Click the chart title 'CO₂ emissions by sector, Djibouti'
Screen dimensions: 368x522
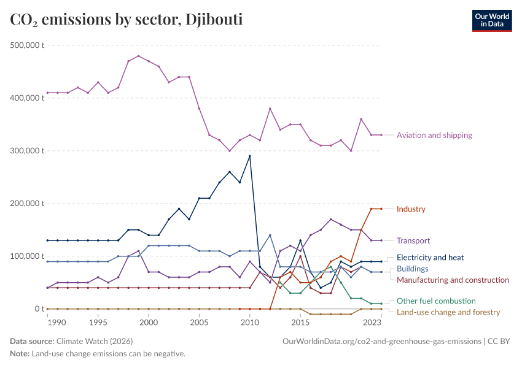[126, 20]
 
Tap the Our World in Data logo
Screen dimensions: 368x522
[491, 20]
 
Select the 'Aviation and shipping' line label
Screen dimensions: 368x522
[434, 135]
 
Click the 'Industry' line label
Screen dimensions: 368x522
[411, 209]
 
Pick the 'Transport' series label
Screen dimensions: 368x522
[413, 240]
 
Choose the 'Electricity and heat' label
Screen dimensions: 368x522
[430, 258]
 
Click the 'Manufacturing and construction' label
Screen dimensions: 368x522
[453, 280]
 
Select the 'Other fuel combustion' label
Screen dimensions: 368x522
[436, 301]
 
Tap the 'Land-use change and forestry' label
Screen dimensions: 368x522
[448, 312]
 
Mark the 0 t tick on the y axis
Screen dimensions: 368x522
[38, 309]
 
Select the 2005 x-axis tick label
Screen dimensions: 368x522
[199, 322]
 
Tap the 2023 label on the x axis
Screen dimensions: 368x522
[372, 322]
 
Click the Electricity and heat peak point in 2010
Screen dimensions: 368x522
[249, 156]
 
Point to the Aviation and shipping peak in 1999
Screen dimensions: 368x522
[138, 56]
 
